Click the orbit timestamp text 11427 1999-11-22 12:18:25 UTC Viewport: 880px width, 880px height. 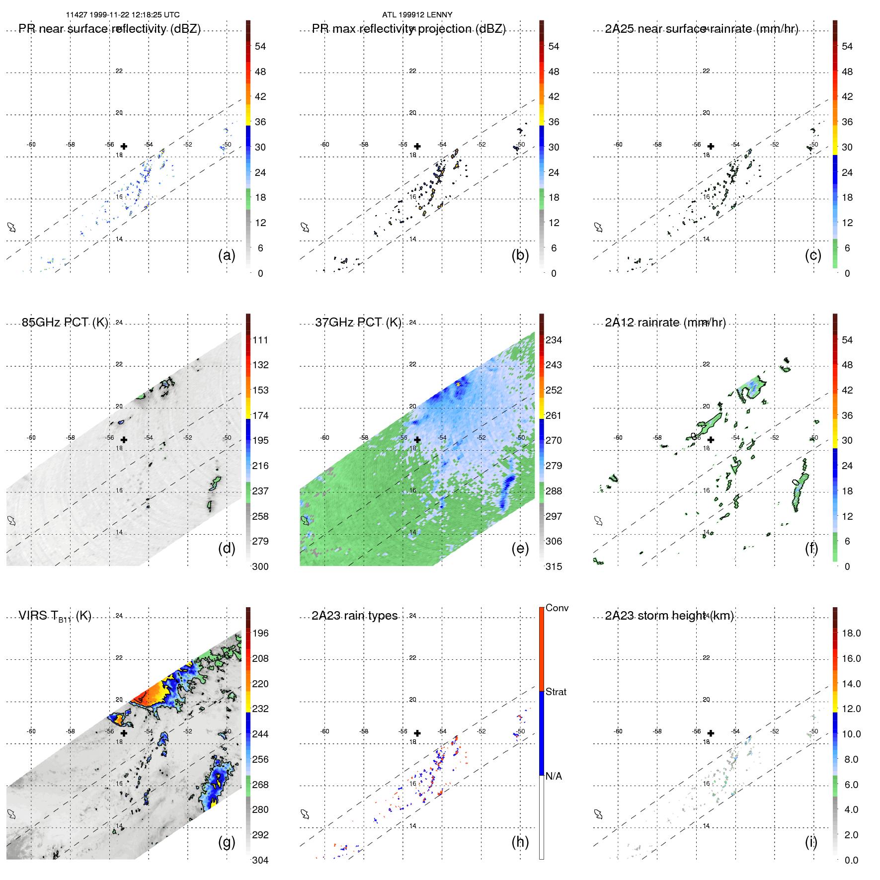tap(123, 15)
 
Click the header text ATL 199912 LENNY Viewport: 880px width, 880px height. tap(417, 15)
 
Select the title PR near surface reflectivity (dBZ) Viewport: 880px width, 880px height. tap(109, 29)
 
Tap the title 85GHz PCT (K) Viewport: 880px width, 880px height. tap(65, 322)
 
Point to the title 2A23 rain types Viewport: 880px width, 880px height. tap(354, 616)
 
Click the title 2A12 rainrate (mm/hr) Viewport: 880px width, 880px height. tap(665, 322)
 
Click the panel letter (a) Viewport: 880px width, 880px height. tap(227, 255)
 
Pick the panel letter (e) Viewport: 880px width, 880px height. tap(520, 548)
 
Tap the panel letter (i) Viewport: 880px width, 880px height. tap(811, 842)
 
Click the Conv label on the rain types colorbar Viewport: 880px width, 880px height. tap(557, 608)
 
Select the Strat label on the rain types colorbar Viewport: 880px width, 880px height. tap(556, 692)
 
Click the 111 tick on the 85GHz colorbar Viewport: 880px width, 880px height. tap(260, 340)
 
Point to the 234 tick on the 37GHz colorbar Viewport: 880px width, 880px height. tap(554, 340)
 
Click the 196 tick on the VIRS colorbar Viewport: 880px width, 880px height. tap(260, 633)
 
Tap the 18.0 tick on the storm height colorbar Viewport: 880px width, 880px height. tap(851, 633)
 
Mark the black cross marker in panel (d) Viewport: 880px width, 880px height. tap(124, 440)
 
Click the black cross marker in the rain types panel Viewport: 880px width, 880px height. tap(417, 733)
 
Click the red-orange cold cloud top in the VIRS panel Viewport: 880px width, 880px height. tap(149, 693)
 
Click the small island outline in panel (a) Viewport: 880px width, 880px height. tap(11, 227)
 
